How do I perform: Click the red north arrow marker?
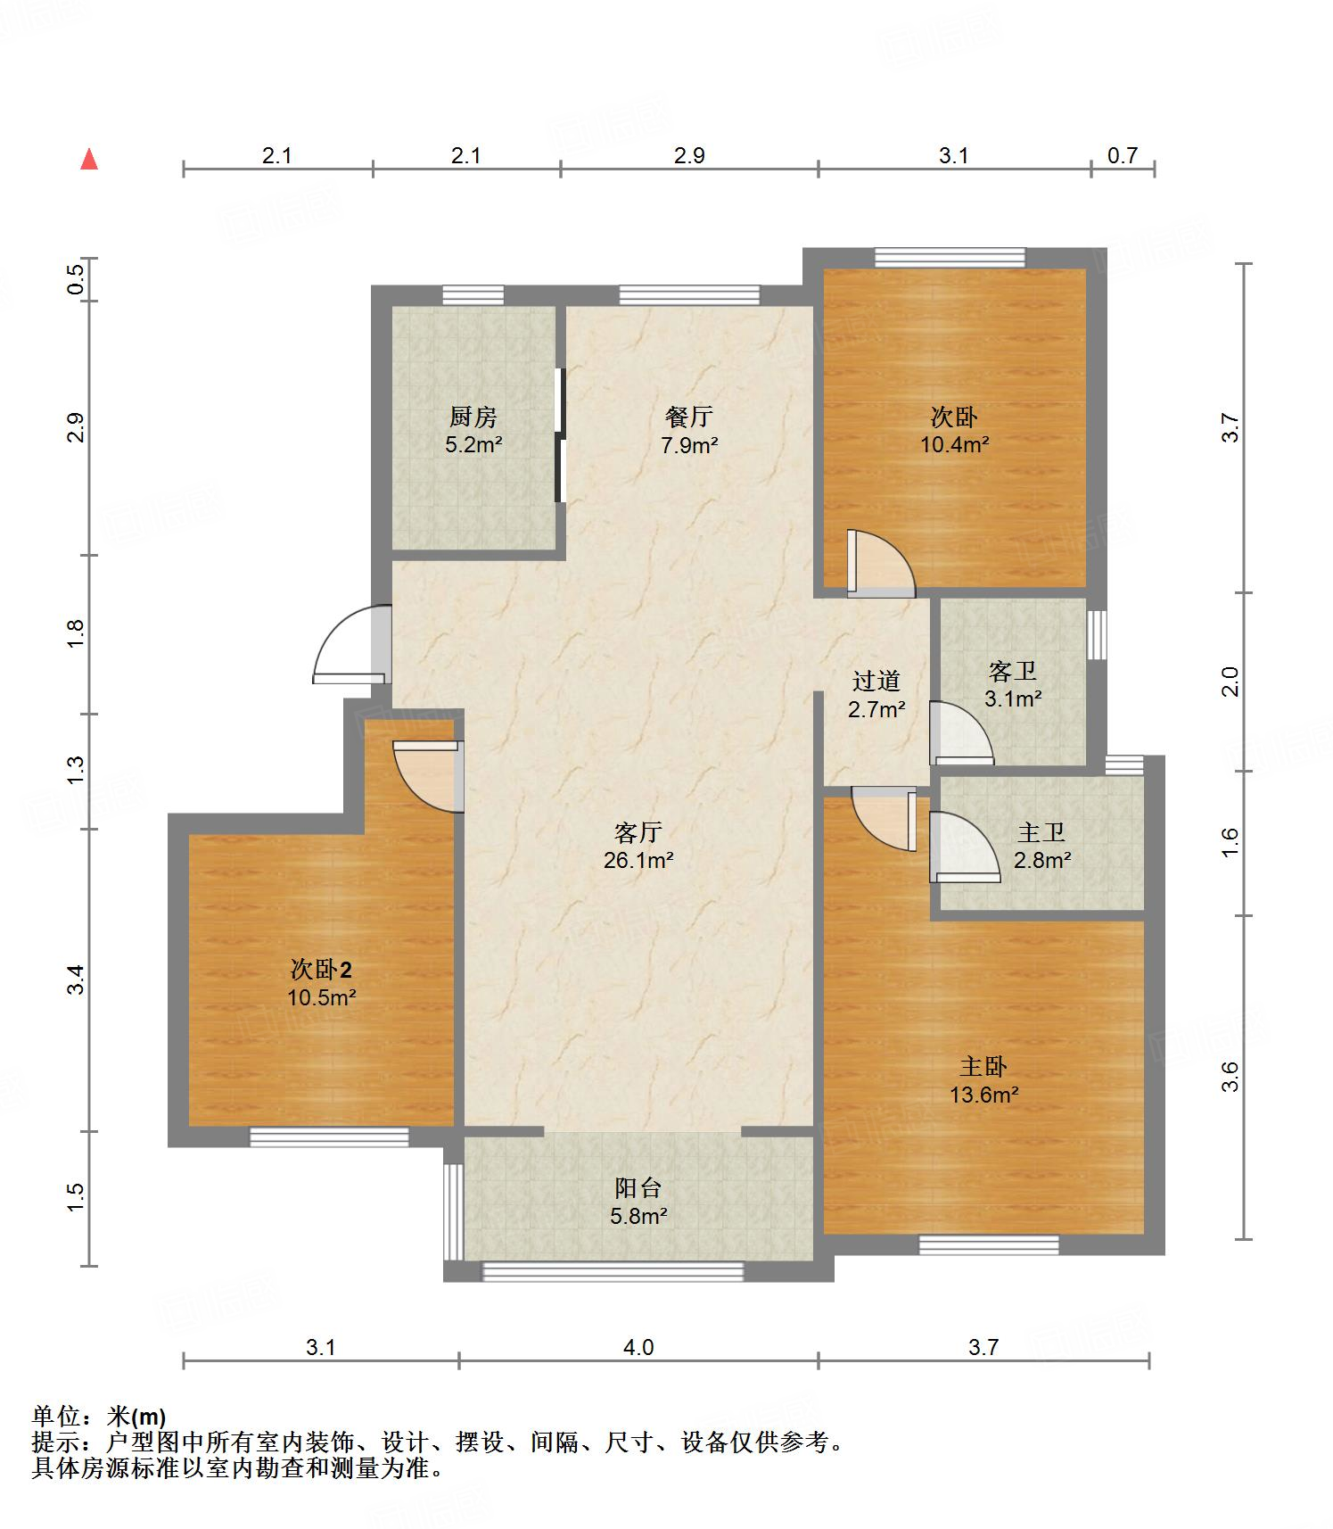click(89, 159)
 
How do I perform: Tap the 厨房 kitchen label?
click(473, 417)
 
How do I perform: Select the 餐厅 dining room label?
click(688, 417)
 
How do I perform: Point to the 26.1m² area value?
click(638, 861)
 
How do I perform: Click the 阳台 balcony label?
click(638, 1187)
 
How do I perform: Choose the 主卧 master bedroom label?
click(983, 1066)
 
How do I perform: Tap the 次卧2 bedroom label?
click(321, 969)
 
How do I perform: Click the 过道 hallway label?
click(876, 681)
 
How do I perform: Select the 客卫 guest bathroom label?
click(1013, 671)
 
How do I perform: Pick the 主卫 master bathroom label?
click(1041, 832)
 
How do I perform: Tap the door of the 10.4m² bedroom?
click(880, 563)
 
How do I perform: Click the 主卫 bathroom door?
click(965, 847)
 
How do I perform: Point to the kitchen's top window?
click(473, 295)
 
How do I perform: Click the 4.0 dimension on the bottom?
click(638, 1347)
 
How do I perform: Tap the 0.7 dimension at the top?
click(1123, 155)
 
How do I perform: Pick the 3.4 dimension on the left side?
click(77, 980)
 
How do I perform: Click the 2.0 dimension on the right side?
click(1230, 682)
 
